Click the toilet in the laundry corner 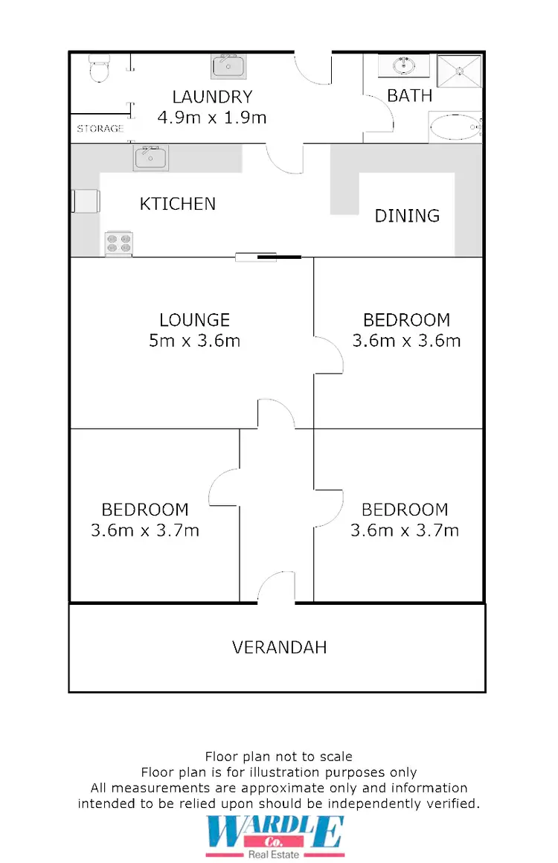pyautogui.click(x=97, y=68)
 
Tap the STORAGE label pyautogui.click(x=100, y=129)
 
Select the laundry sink pyautogui.click(x=228, y=67)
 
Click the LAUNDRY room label pyautogui.click(x=212, y=97)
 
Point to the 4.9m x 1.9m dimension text pyautogui.click(x=212, y=117)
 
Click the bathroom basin pyautogui.click(x=405, y=65)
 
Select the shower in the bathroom pyautogui.click(x=459, y=71)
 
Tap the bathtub pyautogui.click(x=455, y=127)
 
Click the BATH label pyautogui.click(x=410, y=95)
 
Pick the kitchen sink pyautogui.click(x=151, y=158)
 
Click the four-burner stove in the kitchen pyautogui.click(x=119, y=243)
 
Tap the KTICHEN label pyautogui.click(x=178, y=204)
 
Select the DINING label pyautogui.click(x=407, y=216)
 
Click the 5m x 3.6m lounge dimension pyautogui.click(x=195, y=341)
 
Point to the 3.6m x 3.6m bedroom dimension pyautogui.click(x=406, y=341)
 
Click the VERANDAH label pyautogui.click(x=279, y=647)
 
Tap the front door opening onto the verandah pyautogui.click(x=277, y=588)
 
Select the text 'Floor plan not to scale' pyautogui.click(x=279, y=757)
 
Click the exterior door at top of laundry pyautogui.click(x=312, y=67)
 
